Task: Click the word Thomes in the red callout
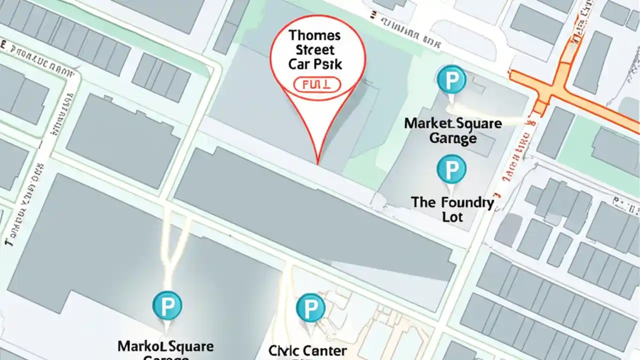tap(315, 36)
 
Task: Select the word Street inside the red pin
tap(315, 50)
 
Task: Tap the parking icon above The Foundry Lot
tap(451, 169)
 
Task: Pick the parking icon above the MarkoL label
tap(167, 305)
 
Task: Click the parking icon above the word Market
tap(451, 79)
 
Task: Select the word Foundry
tap(467, 203)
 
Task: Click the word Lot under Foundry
tap(452, 217)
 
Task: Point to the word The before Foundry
tap(423, 203)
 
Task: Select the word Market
tap(429, 123)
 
